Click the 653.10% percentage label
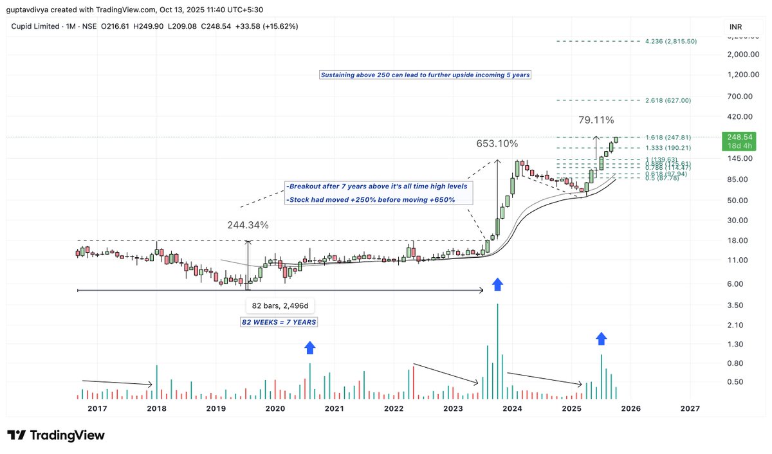pyautogui.click(x=497, y=144)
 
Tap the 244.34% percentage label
pyautogui.click(x=248, y=226)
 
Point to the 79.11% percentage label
pyautogui.click(x=596, y=120)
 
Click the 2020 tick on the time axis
pyautogui.click(x=275, y=408)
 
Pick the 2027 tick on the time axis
pyautogui.click(x=690, y=408)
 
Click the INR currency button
pyautogui.click(x=735, y=27)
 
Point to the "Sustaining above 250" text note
pyautogui.click(x=425, y=75)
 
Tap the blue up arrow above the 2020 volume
pyautogui.click(x=309, y=347)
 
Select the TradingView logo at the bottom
pyautogui.click(x=56, y=435)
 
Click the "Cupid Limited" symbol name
pyautogui.click(x=35, y=26)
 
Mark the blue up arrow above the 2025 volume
pyautogui.click(x=602, y=339)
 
